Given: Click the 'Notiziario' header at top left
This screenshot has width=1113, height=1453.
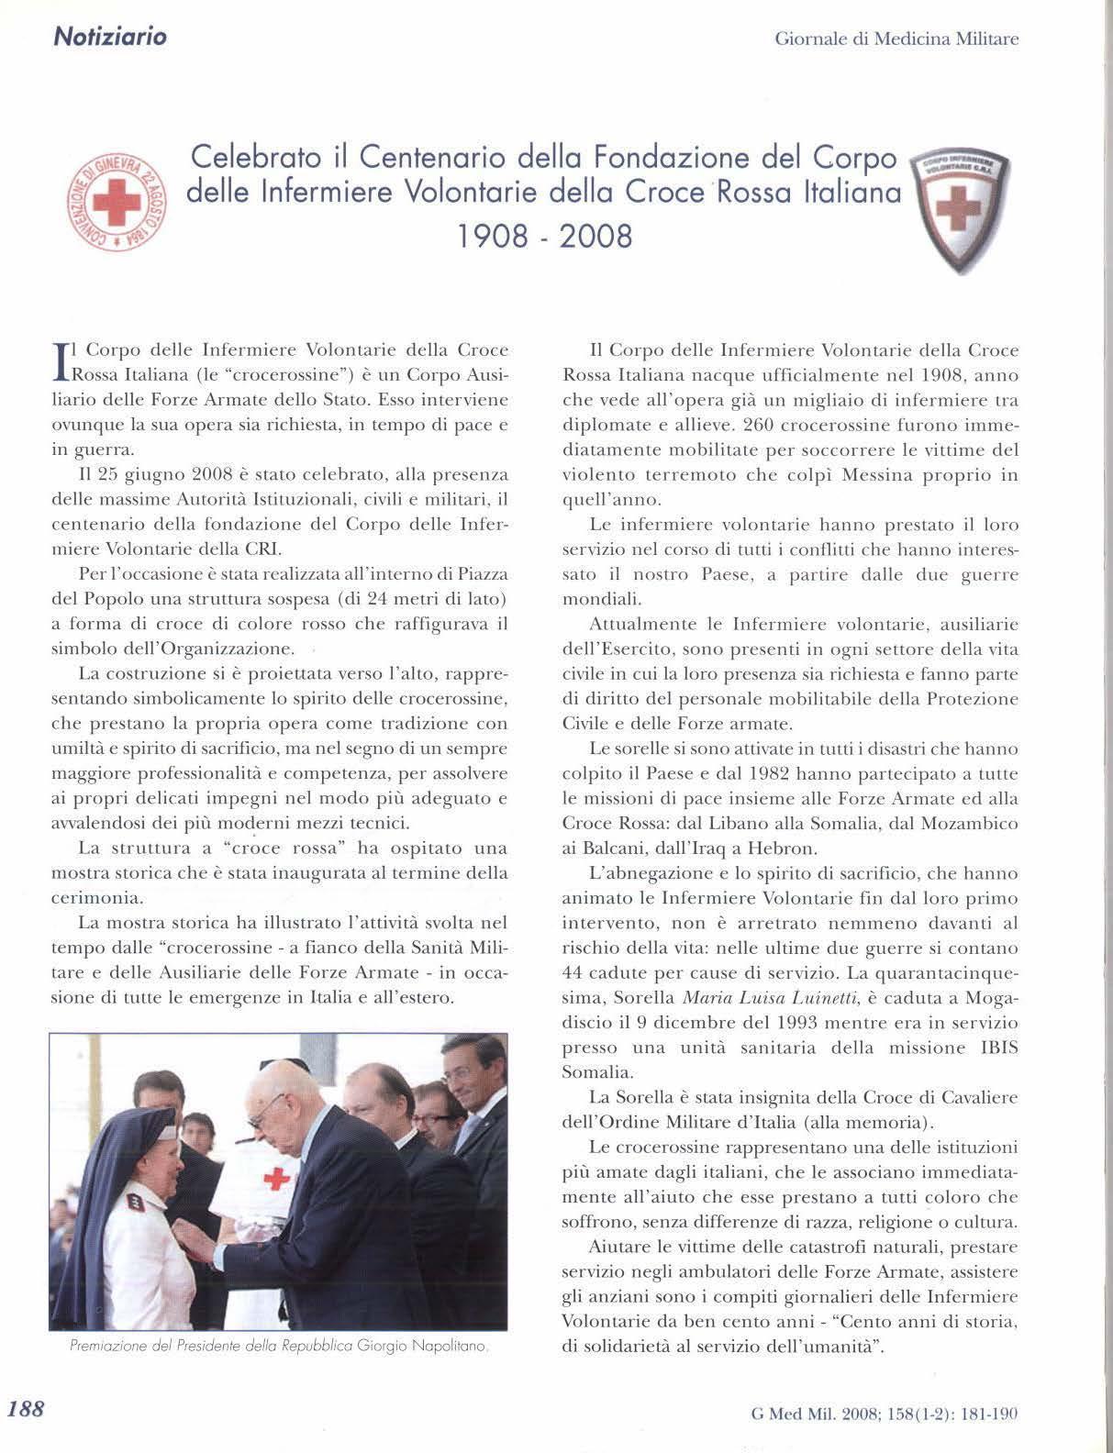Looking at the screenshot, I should point(110,38).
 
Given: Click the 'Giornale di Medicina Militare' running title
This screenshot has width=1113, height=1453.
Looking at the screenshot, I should point(896,39).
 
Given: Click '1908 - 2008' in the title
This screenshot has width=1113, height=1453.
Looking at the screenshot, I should point(545,236).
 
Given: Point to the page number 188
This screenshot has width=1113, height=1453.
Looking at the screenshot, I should point(26,1409).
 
